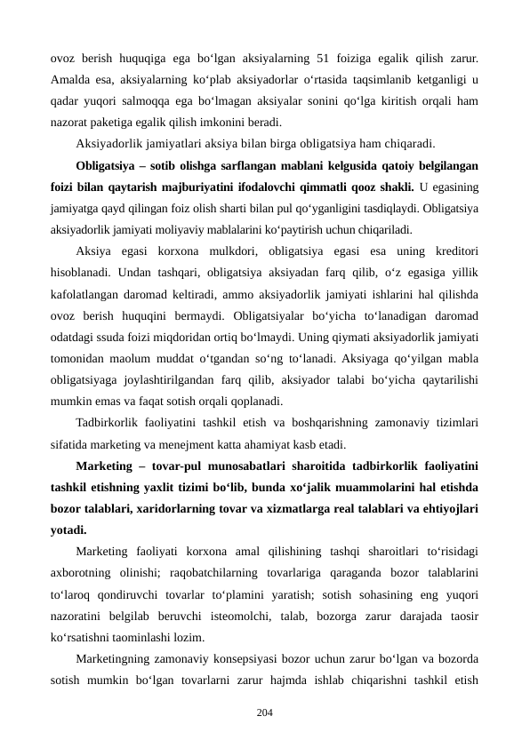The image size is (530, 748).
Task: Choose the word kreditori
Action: tap(452, 251)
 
